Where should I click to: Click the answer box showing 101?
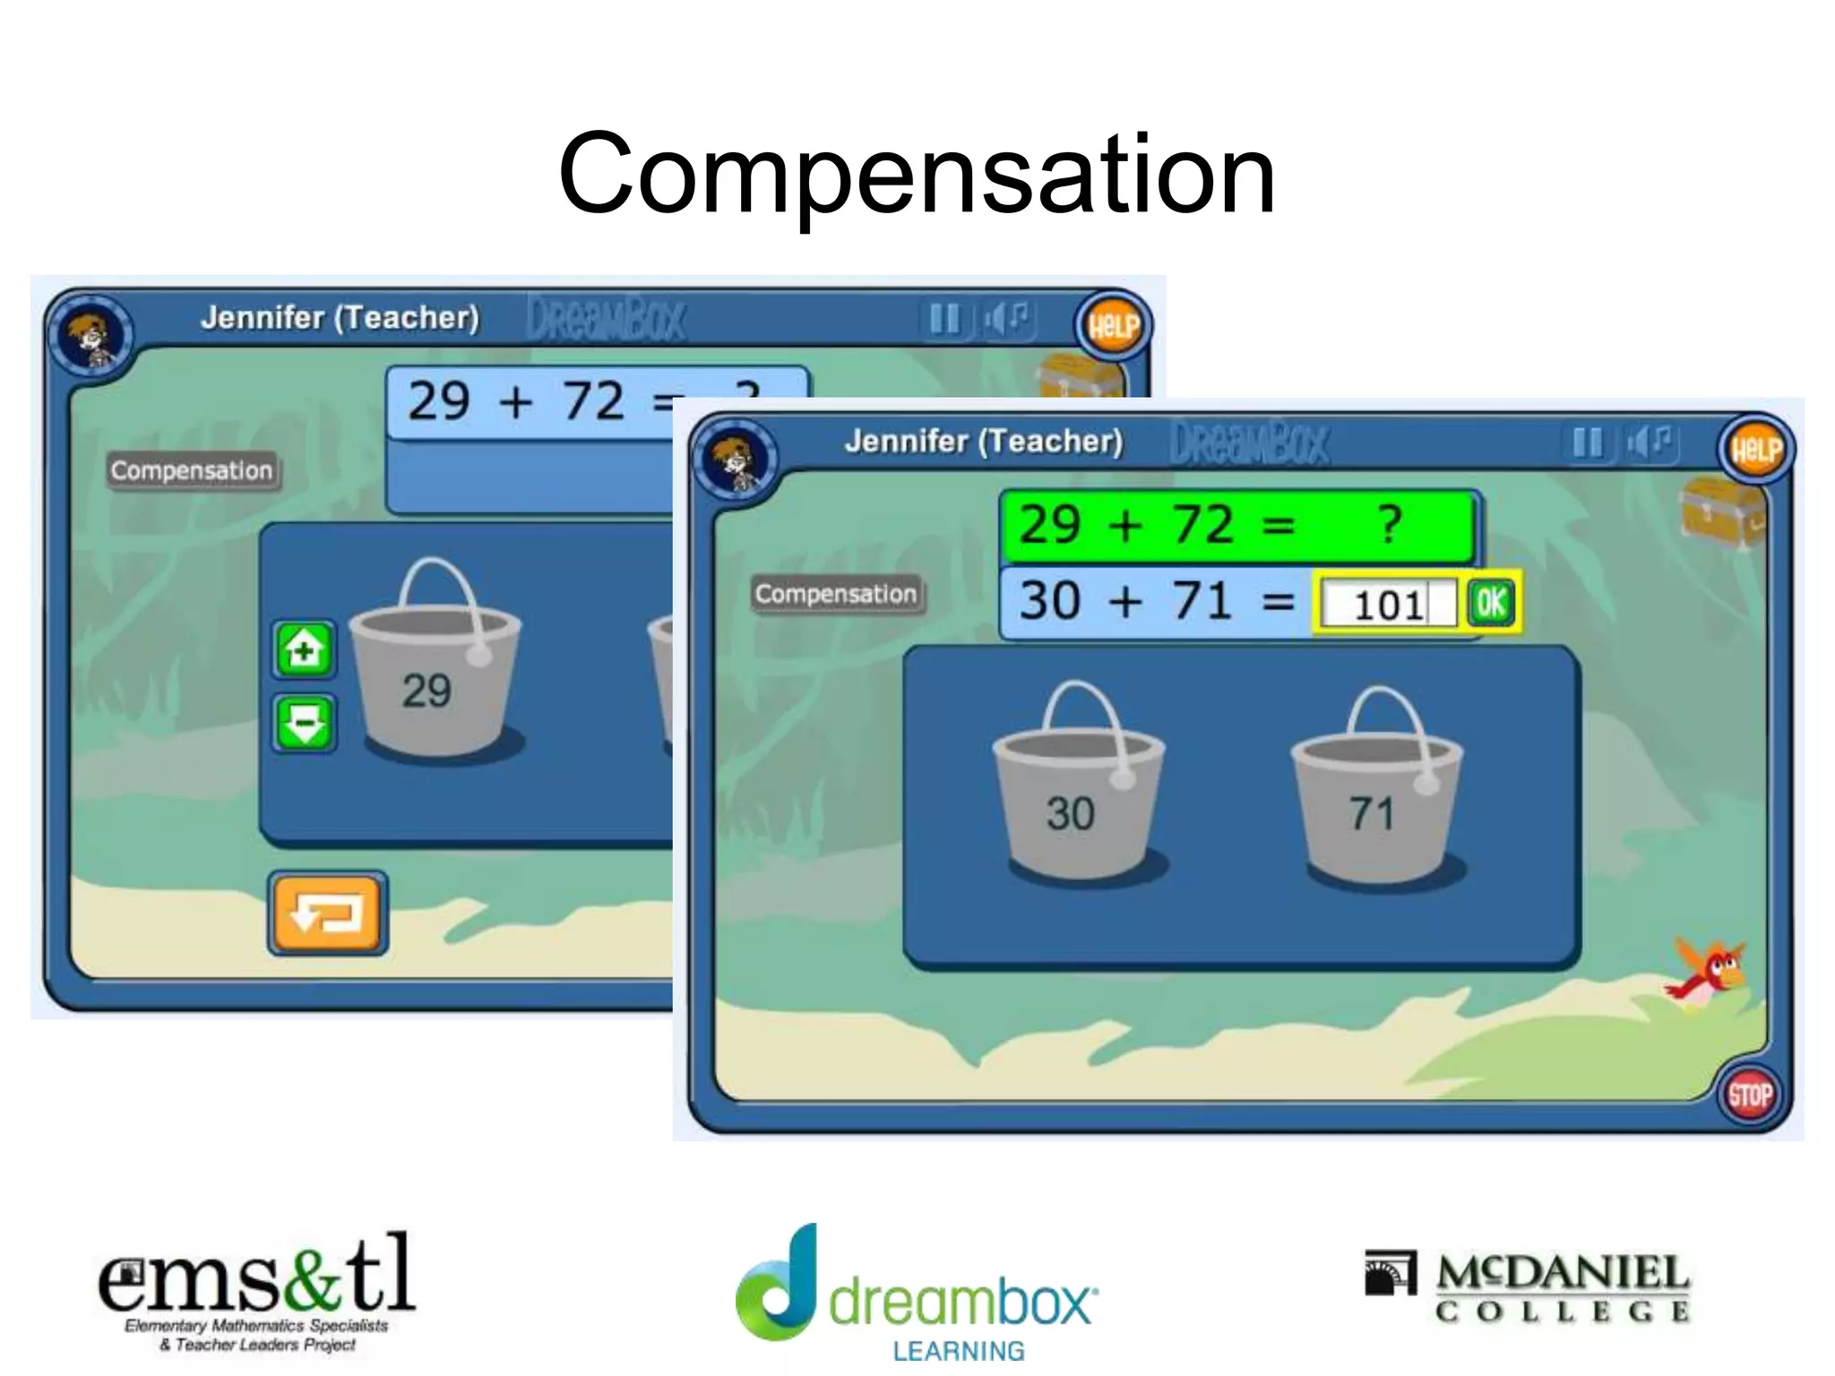coord(1387,604)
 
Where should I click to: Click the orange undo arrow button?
coord(327,913)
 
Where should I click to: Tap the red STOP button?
coord(1749,1095)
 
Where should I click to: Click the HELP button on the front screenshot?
coord(1755,449)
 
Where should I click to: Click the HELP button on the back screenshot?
coord(1113,325)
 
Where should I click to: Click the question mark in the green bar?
coord(1389,524)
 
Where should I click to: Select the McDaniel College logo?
coord(1527,1287)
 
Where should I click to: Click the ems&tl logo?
coord(256,1291)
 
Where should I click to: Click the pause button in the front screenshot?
coord(1587,442)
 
